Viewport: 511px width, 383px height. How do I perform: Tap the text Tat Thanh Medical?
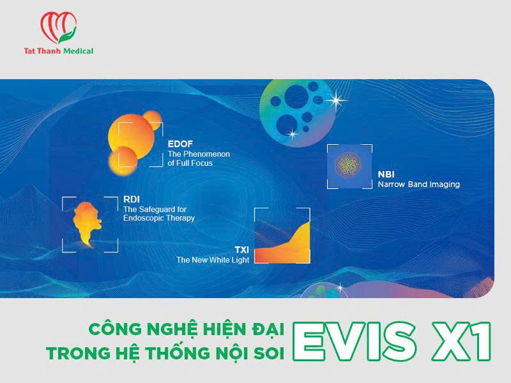click(58, 51)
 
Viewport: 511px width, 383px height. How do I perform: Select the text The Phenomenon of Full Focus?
click(198, 158)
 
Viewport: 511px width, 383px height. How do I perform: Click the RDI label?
click(131, 199)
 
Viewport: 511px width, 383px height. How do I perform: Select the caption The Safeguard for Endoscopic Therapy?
click(158, 213)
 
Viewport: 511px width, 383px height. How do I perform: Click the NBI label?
click(386, 174)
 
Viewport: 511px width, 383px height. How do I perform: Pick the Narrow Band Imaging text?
click(418, 184)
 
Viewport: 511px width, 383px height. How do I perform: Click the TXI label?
click(241, 250)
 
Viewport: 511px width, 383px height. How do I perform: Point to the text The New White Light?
click(213, 260)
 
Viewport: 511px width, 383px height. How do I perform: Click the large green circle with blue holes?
click(296, 106)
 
